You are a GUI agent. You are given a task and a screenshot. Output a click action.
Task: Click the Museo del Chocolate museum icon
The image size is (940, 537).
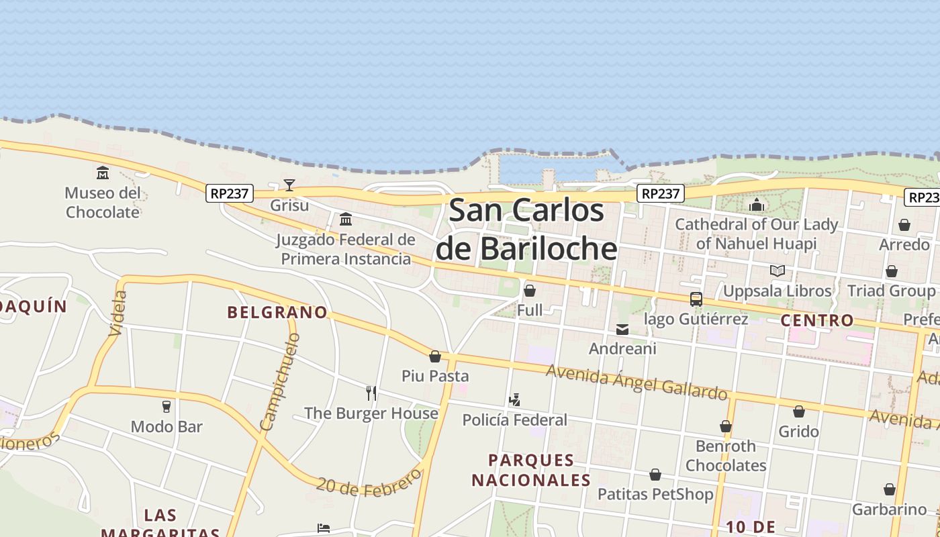point(103,173)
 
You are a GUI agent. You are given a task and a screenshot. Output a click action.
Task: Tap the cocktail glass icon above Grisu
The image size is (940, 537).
point(289,185)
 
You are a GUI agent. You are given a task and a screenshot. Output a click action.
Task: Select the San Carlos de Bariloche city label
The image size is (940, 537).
point(526,229)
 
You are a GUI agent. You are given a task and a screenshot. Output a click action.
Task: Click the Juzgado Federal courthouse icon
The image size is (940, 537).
point(346,219)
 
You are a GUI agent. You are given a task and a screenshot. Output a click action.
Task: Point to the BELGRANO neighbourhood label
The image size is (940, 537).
point(277,312)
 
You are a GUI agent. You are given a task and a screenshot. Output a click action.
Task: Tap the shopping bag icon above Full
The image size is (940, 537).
point(530,291)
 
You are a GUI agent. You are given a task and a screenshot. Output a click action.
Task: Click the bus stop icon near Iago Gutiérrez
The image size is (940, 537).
point(696,299)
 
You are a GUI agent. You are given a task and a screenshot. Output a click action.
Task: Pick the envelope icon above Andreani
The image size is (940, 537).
point(622,330)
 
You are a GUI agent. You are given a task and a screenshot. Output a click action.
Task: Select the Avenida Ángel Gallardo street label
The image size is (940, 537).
point(637,381)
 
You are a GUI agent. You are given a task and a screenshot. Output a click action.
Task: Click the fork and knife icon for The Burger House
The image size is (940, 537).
point(371,393)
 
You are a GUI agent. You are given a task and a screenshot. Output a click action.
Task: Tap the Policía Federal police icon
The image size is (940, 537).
point(514,400)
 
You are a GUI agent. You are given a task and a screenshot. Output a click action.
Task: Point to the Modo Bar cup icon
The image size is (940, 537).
point(167,406)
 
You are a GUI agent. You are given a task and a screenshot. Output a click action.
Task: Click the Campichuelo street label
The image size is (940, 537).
point(280,381)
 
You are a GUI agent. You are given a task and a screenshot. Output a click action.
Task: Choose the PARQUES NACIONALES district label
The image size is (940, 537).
point(531,470)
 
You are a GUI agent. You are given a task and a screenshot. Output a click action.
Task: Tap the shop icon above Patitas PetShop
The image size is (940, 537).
point(655,475)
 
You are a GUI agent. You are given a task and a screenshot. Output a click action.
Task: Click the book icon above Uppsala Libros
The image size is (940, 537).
point(778,271)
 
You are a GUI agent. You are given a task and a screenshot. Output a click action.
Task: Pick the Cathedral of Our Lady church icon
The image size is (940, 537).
point(757,205)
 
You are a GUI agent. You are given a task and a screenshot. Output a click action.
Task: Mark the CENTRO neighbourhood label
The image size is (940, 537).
point(816,320)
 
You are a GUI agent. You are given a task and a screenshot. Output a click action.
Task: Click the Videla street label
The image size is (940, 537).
point(117,313)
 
